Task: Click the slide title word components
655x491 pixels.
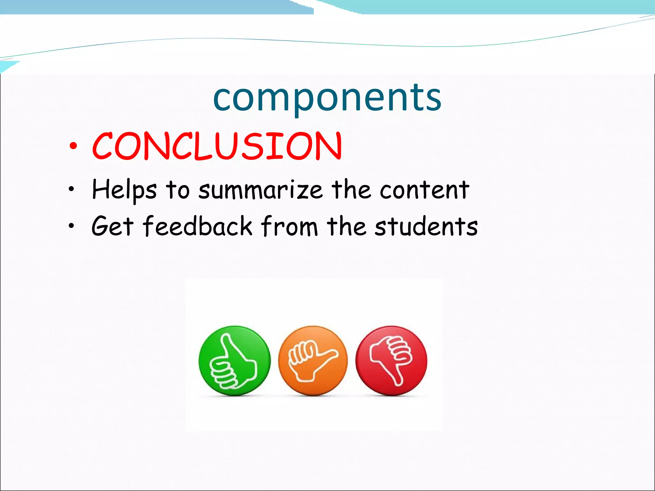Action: [327, 97]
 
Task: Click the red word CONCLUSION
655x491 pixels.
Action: [217, 146]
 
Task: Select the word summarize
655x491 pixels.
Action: [260, 190]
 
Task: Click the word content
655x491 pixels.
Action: [424, 190]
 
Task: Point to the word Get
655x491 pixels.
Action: [112, 226]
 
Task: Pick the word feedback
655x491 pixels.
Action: [197, 226]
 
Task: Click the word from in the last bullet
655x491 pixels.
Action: [289, 226]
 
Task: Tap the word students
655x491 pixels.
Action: [426, 226]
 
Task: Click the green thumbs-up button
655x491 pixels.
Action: [234, 361]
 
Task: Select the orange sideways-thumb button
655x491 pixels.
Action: [313, 361]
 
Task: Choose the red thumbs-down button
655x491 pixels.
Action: [391, 361]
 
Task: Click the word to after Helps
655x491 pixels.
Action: [178, 190]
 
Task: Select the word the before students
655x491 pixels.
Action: [346, 226]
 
